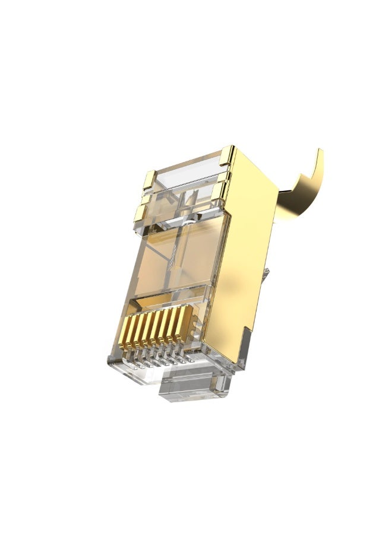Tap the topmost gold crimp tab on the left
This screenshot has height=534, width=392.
tap(149, 179)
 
